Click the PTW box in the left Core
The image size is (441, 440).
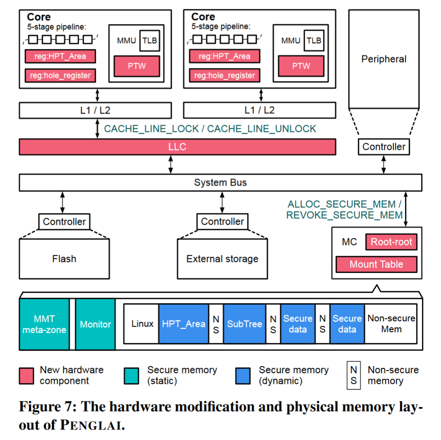(137, 66)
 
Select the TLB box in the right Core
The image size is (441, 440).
(314, 40)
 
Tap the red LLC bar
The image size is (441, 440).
(178, 147)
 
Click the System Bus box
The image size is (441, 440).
(221, 183)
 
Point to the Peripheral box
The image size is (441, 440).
(384, 59)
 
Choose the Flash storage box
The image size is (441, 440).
(64, 259)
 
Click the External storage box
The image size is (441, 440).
(222, 259)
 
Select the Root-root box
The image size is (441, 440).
(391, 242)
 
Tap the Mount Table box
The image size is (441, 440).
(376, 265)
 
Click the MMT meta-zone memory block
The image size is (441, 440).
(44, 324)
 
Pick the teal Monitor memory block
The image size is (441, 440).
(95, 324)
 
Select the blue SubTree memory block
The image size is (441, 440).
(244, 324)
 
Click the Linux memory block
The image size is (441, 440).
(142, 324)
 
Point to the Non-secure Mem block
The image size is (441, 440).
(391, 324)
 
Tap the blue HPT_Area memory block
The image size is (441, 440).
(184, 324)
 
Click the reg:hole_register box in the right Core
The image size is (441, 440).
(224, 75)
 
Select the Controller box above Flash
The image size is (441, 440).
(64, 222)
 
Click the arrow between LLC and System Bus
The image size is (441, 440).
(170, 164)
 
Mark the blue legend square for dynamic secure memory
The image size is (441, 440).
(243, 376)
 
